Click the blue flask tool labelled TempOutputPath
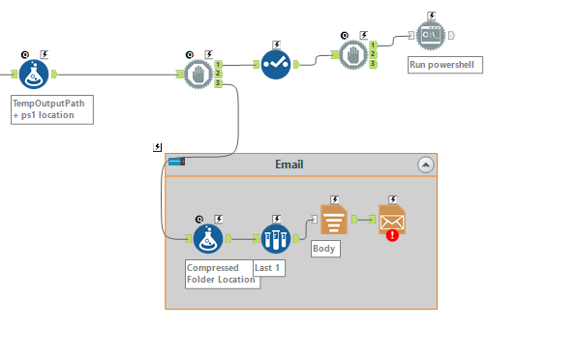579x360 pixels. pos(34,73)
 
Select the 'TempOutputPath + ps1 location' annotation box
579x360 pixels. pos(51,108)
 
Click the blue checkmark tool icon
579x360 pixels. pos(276,64)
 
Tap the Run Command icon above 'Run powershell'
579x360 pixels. pos(431,35)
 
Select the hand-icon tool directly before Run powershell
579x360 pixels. pos(355,54)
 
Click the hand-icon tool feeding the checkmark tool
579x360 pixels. pos(198,74)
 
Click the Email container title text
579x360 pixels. pos(289,165)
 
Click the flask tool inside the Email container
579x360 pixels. pos(207,237)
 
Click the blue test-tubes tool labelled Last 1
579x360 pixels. pos(276,237)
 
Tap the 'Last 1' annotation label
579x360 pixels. pos(268,267)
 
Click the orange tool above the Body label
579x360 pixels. pos(333,220)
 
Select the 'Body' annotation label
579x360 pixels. pos(324,248)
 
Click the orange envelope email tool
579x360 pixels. pos(392,220)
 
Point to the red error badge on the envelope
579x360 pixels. pos(391,233)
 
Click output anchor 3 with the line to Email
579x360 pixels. pos(219,83)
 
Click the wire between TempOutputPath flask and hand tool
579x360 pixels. pos(116,74)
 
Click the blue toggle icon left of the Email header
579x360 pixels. pos(175,162)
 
